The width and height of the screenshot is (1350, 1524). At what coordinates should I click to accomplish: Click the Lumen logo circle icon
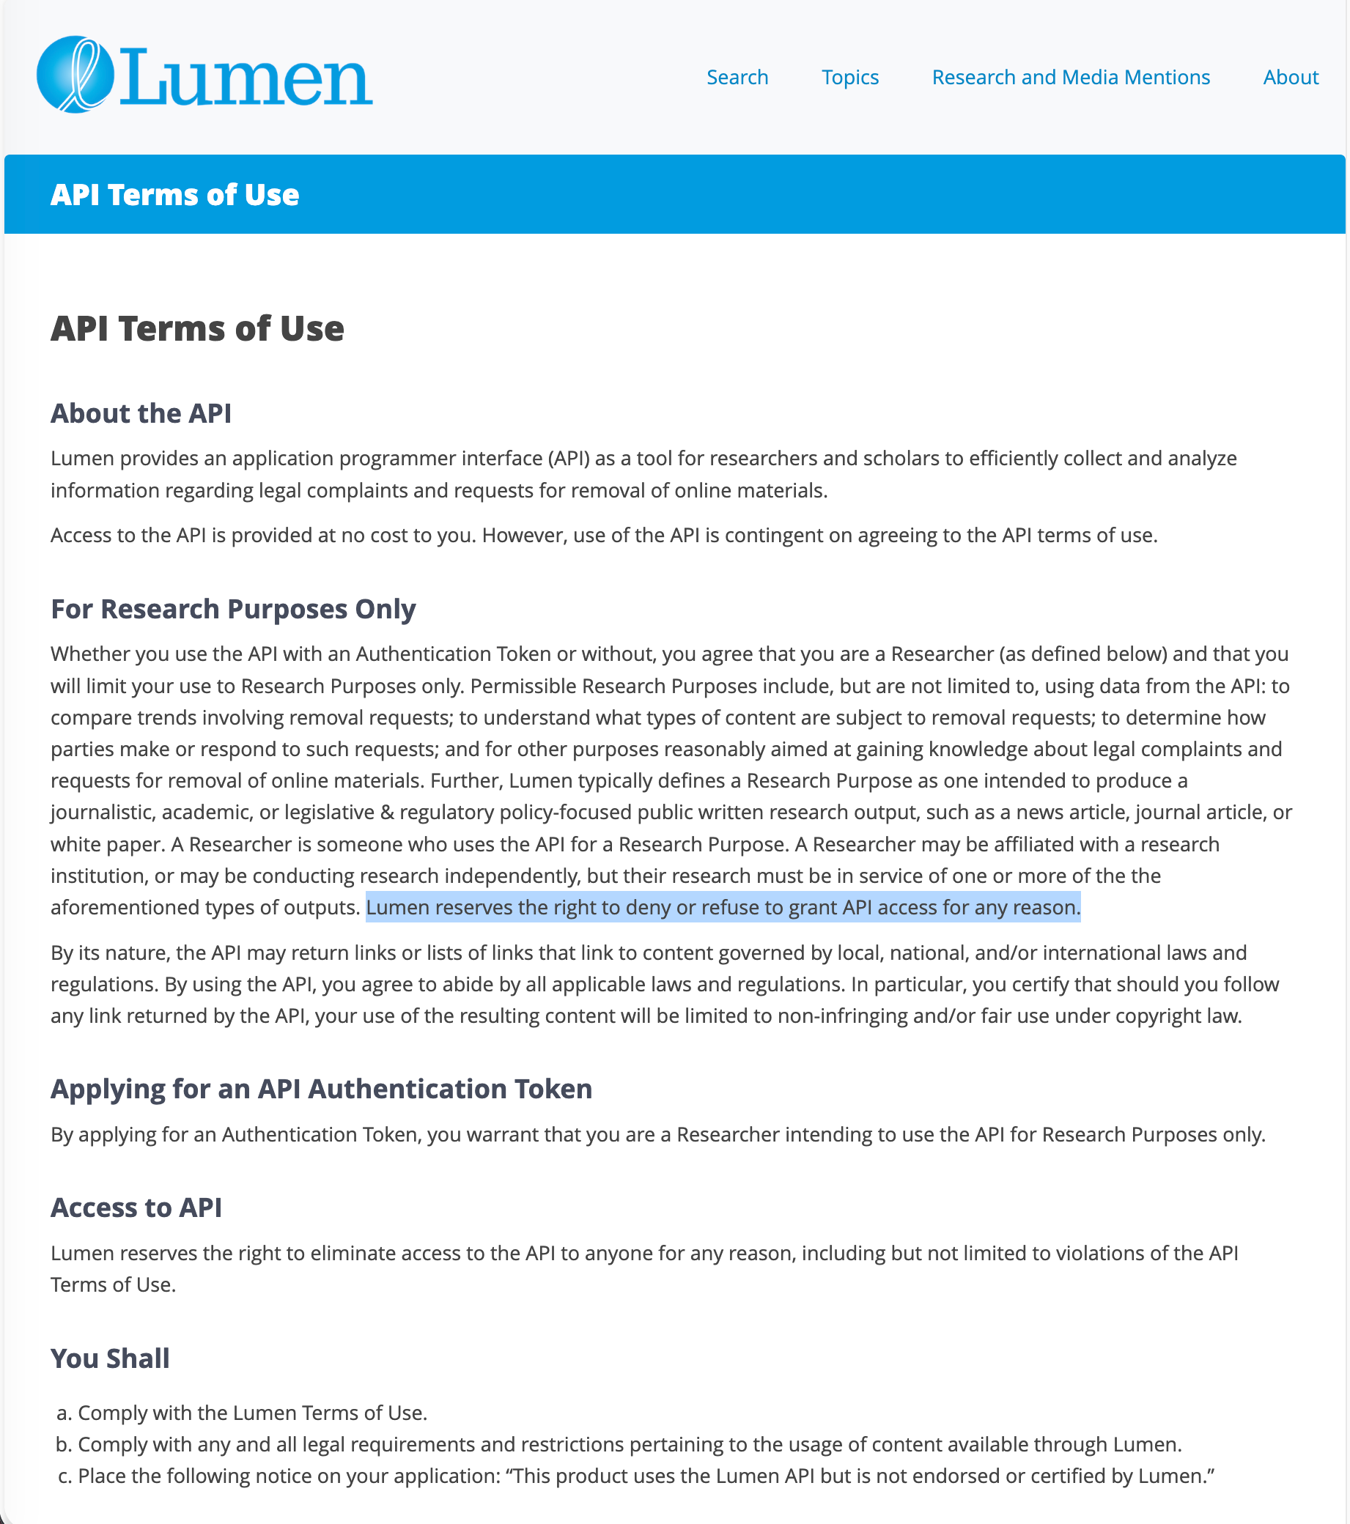(75, 75)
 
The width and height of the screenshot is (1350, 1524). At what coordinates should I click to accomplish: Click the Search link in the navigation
(737, 78)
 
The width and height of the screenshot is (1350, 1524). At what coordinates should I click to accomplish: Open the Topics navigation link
(849, 78)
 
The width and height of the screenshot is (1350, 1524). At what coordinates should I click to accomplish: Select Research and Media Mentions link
(1070, 78)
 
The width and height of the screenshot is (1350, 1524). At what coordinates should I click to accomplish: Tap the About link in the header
(1291, 78)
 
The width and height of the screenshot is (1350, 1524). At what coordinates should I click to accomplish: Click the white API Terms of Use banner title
(174, 195)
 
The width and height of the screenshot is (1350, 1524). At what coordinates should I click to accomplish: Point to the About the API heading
(141, 413)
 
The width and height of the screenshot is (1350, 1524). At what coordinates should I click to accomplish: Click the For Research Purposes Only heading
(233, 609)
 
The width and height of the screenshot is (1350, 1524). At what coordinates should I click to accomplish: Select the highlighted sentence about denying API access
(722, 907)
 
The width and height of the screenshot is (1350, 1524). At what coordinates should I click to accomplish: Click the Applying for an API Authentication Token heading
(321, 1089)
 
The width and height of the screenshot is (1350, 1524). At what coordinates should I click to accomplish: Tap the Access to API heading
(136, 1207)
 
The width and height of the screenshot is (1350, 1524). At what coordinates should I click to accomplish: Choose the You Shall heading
(110, 1358)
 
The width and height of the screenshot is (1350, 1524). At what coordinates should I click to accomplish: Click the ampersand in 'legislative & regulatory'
(387, 812)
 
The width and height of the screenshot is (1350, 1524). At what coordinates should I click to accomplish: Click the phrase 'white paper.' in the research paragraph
(108, 844)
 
